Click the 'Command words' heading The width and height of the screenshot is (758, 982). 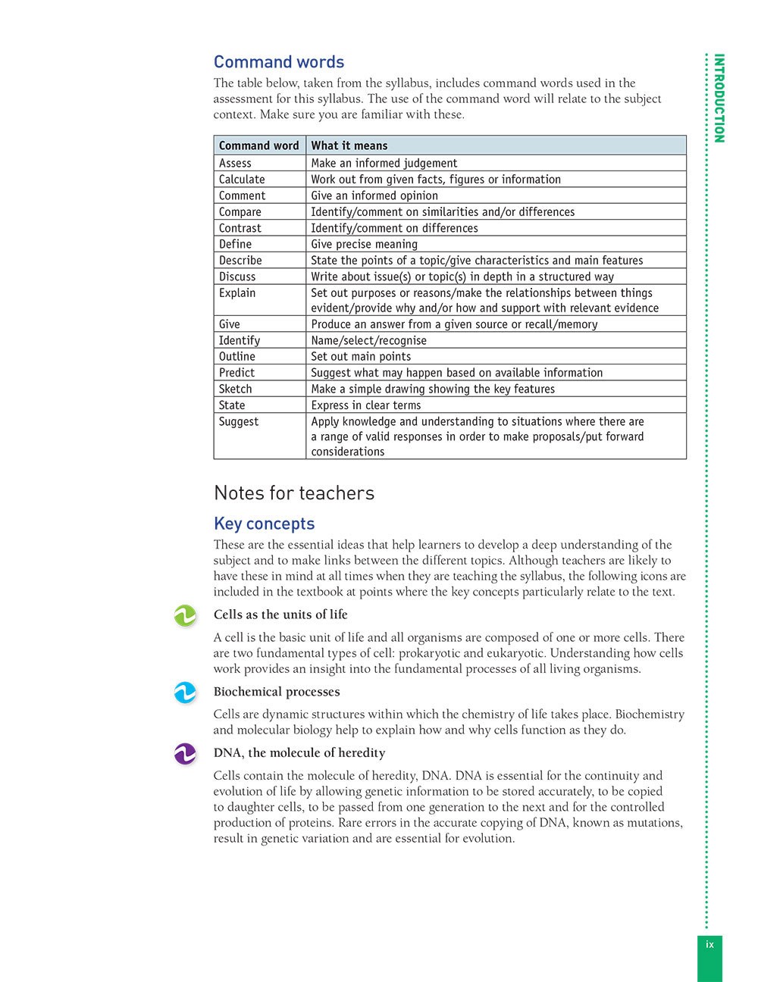point(278,62)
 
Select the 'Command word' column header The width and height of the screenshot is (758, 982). point(258,145)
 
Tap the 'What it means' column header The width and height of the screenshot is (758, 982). point(349,145)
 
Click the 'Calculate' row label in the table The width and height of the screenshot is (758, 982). point(242,180)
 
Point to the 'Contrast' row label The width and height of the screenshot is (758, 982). point(240,228)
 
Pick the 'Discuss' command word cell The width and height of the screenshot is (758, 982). point(237,277)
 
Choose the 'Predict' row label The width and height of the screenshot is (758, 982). point(236,373)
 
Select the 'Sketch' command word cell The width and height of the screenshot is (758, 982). point(235,389)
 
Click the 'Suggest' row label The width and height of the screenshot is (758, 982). point(239,421)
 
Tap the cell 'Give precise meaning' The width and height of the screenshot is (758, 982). point(364,244)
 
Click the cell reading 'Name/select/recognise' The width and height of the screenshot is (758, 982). point(368,341)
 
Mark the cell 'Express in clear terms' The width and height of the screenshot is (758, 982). point(365,405)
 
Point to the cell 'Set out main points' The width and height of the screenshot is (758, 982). point(361,357)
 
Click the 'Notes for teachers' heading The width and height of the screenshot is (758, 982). point(294,493)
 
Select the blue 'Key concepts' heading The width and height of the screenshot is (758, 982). point(264,524)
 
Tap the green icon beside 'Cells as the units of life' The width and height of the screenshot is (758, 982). point(185,616)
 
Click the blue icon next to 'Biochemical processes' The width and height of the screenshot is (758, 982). point(185,693)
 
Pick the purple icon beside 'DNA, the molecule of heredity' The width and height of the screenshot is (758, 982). point(185,754)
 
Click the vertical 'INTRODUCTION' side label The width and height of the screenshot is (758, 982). point(719,98)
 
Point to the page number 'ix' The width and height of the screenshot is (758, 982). point(710,945)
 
